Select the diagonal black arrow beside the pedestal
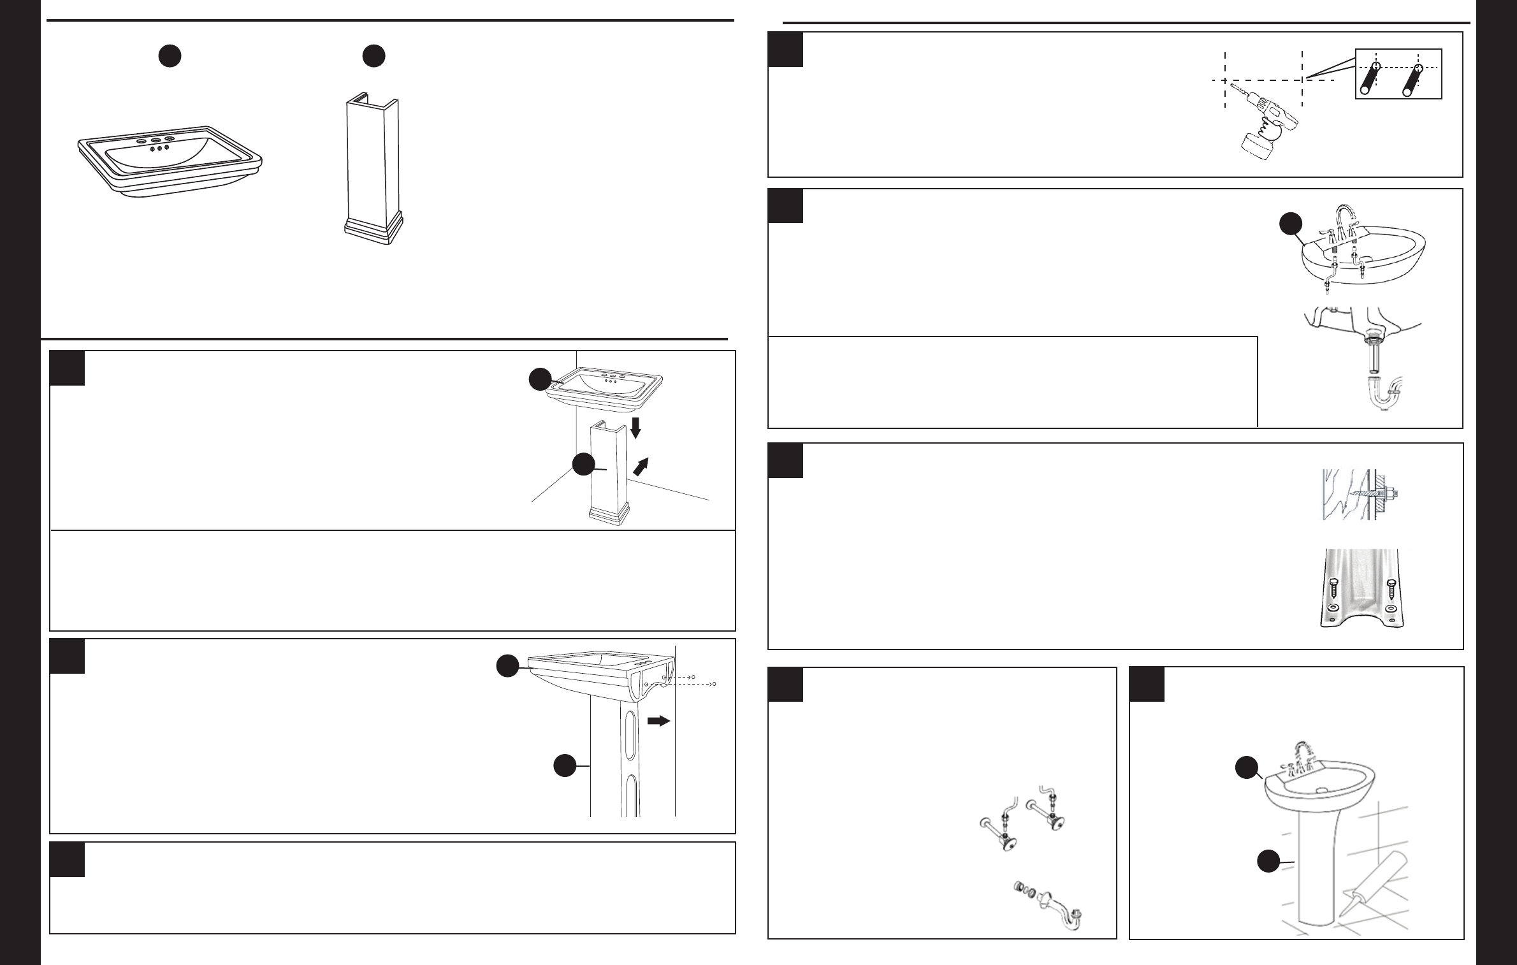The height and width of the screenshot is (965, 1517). click(x=642, y=467)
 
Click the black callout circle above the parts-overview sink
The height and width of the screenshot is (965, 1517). click(x=170, y=57)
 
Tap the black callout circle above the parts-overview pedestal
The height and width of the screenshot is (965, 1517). click(x=374, y=57)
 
